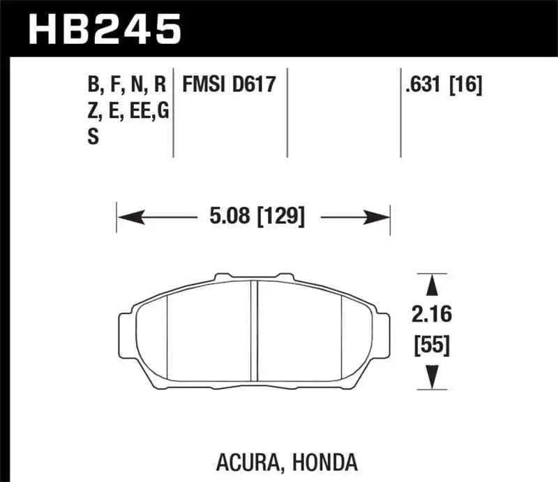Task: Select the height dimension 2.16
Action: coord(432,315)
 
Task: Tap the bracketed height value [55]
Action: coord(432,344)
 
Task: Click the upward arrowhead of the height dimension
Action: coord(432,283)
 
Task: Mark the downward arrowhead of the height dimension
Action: coord(432,379)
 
